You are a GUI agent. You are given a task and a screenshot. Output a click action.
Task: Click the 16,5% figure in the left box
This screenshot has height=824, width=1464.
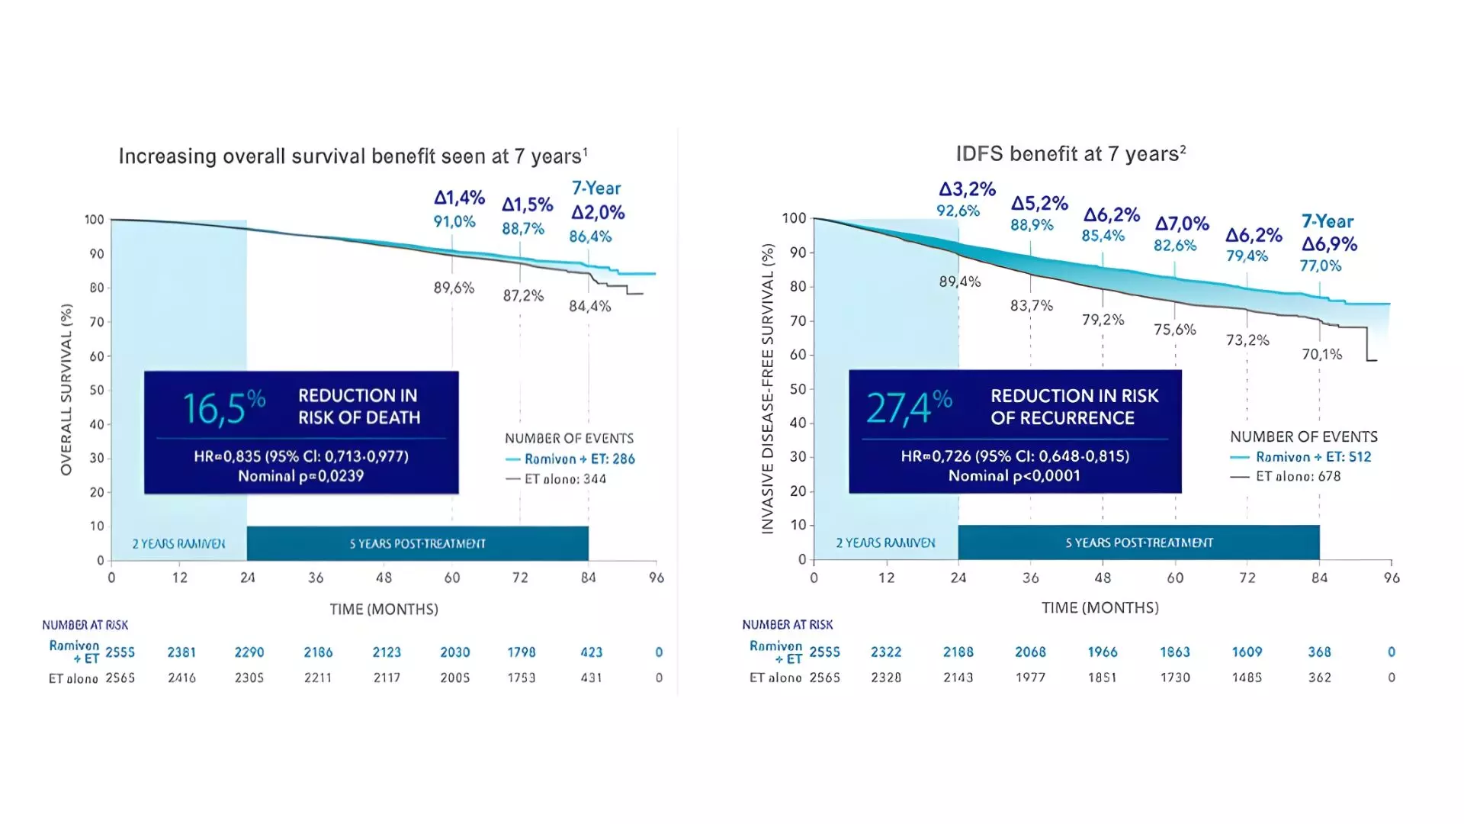pos(223,408)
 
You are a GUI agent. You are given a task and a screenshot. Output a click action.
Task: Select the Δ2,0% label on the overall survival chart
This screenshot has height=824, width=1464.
pos(599,213)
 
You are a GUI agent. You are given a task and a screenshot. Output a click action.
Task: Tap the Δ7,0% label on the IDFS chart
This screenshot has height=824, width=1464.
pos(1182,224)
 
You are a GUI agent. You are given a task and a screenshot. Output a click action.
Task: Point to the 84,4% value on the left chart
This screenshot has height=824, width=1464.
pos(590,307)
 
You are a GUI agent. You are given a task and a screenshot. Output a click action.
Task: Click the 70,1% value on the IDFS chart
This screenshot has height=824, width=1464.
pos(1321,354)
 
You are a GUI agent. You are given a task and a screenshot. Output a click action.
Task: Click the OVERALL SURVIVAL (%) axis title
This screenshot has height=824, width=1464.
pos(67,389)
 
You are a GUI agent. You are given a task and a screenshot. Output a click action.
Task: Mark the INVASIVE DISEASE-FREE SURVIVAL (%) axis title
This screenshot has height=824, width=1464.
pos(768,389)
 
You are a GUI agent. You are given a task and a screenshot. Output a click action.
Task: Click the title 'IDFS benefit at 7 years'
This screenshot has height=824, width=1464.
pos(1070,154)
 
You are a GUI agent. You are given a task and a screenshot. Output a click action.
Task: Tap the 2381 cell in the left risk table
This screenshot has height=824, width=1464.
pos(181,652)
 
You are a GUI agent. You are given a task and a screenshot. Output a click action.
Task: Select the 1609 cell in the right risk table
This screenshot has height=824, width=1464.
pos(1247,652)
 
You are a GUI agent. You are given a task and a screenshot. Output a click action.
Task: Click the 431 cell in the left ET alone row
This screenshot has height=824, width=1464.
pos(591,678)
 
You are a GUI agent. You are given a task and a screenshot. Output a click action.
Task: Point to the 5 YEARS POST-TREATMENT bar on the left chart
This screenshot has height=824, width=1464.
pos(417,544)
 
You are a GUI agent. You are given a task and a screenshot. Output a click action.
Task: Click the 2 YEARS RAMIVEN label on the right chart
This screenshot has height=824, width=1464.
pos(885,543)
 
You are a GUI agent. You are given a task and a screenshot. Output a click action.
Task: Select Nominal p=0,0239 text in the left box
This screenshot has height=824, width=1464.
pos(300,476)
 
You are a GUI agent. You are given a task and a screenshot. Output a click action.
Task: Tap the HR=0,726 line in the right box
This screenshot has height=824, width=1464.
pos(1014,456)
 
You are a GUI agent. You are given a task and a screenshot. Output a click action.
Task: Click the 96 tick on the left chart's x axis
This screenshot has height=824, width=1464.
pos(656,578)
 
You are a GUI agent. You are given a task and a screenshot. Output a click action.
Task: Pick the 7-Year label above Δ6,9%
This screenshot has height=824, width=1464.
pos(1328,222)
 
